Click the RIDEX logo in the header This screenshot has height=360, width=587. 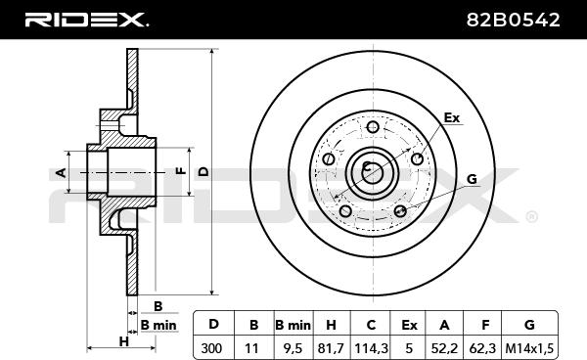pyautogui.click(x=86, y=20)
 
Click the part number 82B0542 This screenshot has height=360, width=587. pyautogui.click(x=513, y=20)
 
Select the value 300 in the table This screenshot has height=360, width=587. pyautogui.click(x=212, y=348)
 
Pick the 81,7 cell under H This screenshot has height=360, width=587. pyautogui.click(x=331, y=348)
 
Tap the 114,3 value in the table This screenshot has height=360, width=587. pyautogui.click(x=371, y=348)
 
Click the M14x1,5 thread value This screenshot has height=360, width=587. pyautogui.click(x=529, y=348)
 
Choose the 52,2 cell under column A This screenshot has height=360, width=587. pyautogui.click(x=444, y=348)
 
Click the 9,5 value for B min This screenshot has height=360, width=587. pyautogui.click(x=293, y=348)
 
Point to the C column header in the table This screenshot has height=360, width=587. pyautogui.click(x=371, y=325)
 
